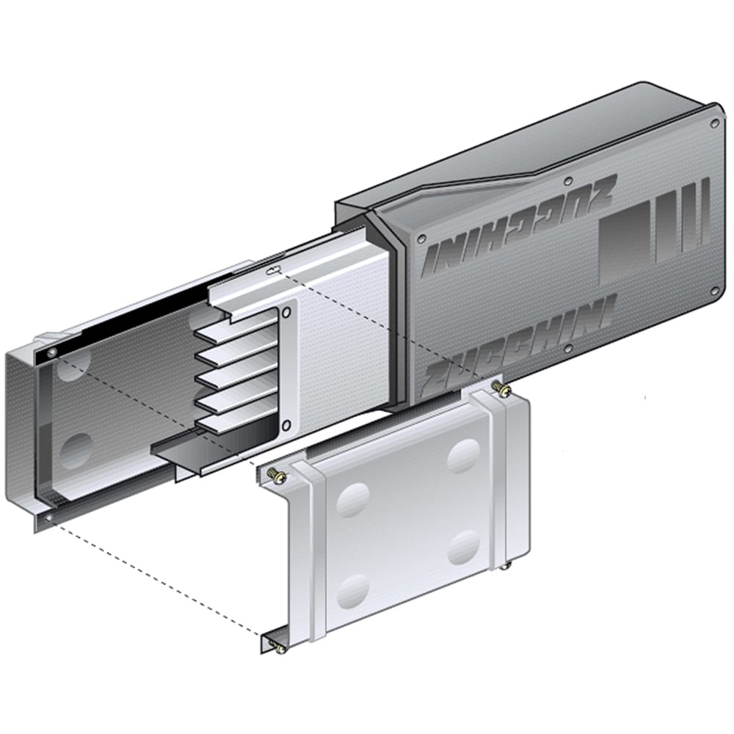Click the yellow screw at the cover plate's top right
click(x=502, y=388)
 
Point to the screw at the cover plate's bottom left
click(x=277, y=647)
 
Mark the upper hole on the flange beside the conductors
click(x=286, y=311)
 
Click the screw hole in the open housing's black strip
click(x=51, y=354)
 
